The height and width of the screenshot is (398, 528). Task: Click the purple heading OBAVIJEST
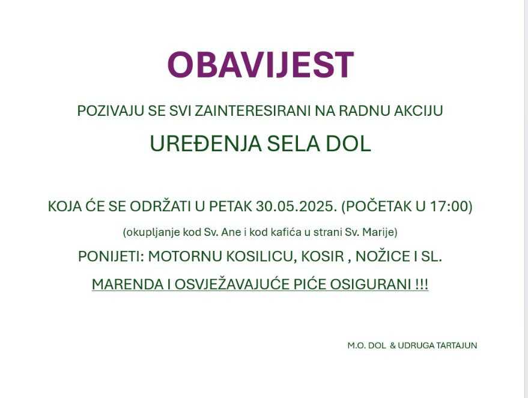pyautogui.click(x=260, y=65)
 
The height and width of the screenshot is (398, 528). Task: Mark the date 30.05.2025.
pyautogui.click(x=296, y=207)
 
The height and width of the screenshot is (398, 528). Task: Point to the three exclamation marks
pyautogui.click(x=422, y=285)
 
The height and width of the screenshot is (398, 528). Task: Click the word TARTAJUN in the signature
pyautogui.click(x=457, y=346)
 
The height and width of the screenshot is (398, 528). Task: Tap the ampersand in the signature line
pyautogui.click(x=393, y=346)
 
